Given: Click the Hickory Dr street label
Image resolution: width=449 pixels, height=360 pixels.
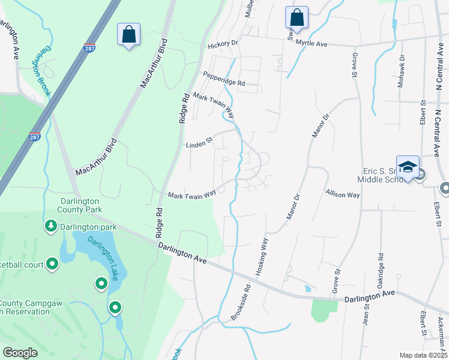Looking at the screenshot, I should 223,44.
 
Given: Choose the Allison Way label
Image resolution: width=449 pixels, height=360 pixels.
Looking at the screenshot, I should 342,194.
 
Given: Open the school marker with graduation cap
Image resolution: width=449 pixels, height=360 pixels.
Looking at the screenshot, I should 407,167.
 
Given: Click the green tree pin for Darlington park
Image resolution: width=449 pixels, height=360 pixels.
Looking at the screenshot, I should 51,226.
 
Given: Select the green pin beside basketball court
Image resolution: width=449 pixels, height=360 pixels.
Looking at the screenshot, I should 52,263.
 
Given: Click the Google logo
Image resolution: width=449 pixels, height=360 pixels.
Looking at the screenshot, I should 20,353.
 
